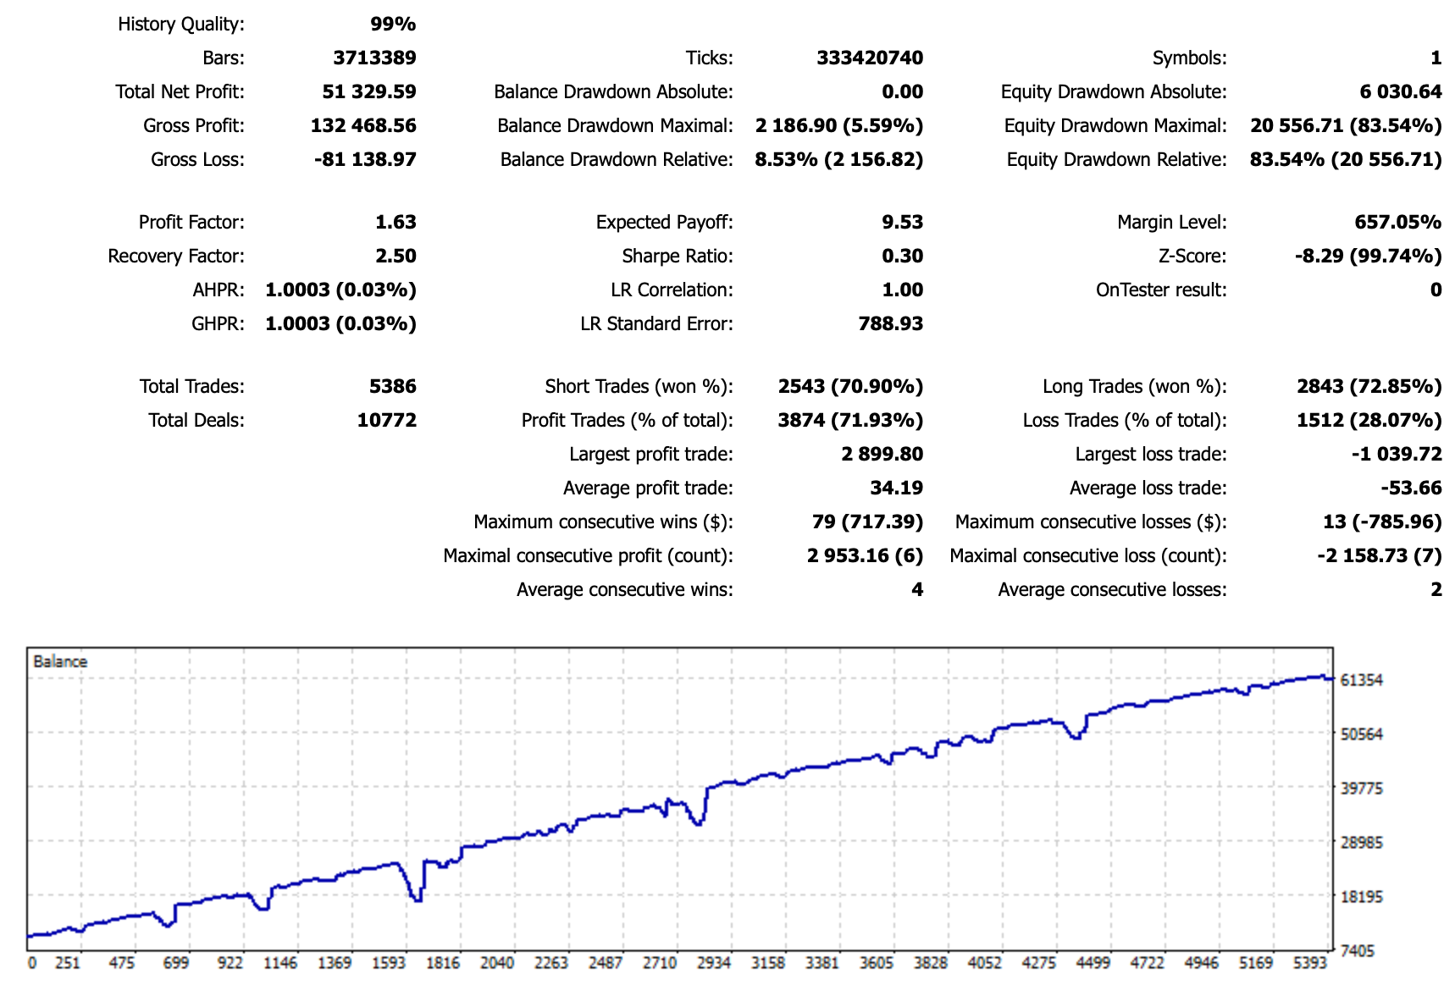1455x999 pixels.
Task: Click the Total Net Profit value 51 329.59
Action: [x=369, y=91]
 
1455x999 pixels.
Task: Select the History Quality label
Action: [x=180, y=24]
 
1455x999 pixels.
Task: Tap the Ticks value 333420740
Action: [x=870, y=58]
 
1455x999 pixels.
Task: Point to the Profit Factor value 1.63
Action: [x=396, y=222]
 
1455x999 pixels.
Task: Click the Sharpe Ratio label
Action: [x=677, y=256]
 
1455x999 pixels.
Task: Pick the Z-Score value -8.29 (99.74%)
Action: [x=1368, y=256]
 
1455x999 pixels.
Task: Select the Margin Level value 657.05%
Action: [x=1397, y=222]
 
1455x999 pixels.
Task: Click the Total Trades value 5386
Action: [x=392, y=386]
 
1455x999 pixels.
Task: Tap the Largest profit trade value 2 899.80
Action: [x=882, y=454]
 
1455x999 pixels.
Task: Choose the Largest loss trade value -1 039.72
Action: [x=1396, y=454]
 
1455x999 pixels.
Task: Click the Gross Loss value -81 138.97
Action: [x=365, y=159]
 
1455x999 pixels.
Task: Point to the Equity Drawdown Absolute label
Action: [x=1113, y=91]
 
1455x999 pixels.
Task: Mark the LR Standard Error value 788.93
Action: [x=890, y=323]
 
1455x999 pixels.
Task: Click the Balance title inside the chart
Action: [x=60, y=661]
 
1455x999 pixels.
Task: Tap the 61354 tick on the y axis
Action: [x=1362, y=680]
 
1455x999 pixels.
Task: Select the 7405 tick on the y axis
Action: [x=1358, y=951]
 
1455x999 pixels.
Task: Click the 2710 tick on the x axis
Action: [x=660, y=963]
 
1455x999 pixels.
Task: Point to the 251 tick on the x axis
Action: [x=67, y=963]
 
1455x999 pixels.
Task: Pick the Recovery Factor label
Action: [x=176, y=256]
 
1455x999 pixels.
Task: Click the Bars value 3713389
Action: [x=374, y=58]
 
